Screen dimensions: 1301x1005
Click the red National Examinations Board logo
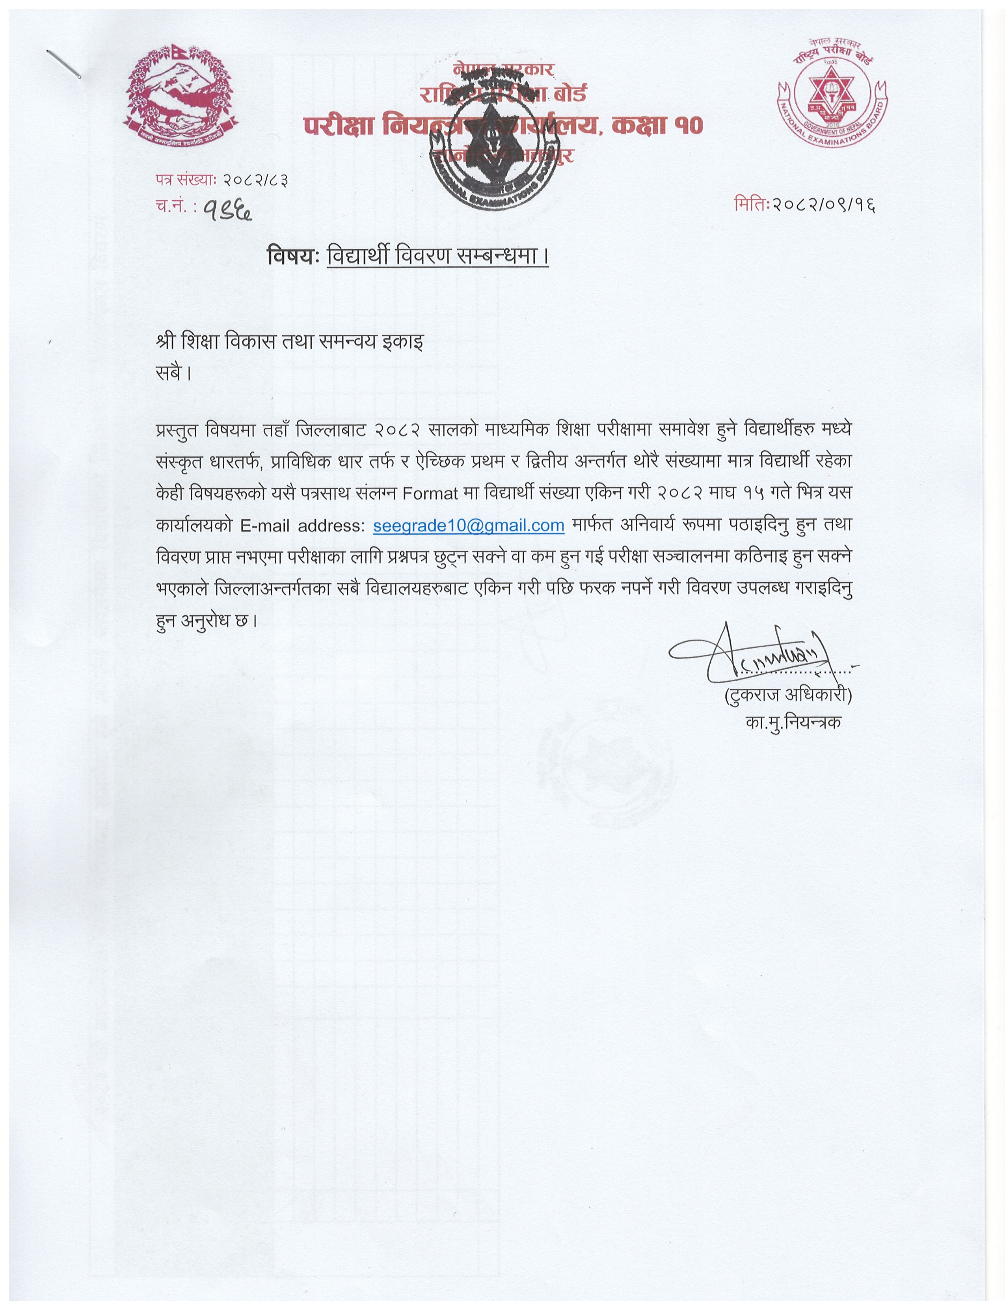pyautogui.click(x=832, y=93)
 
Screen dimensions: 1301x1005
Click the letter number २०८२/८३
pyautogui.click(x=256, y=179)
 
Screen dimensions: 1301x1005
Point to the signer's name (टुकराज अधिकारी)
pyautogui.click(x=788, y=696)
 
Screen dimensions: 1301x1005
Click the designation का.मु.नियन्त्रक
pyautogui.click(x=793, y=723)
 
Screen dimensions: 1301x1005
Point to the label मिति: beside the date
pyautogui.click(x=752, y=205)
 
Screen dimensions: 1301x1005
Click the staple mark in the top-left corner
pyautogui.click(x=64, y=64)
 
